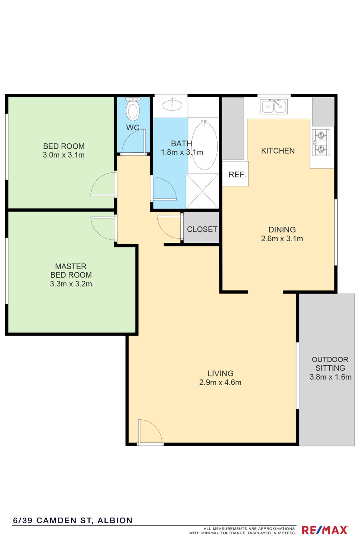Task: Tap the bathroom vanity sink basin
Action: point(172,105)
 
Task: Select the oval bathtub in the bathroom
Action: point(204,145)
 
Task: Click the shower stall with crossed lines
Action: point(202,191)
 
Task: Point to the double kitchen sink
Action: point(274,106)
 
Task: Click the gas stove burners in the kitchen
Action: point(321,142)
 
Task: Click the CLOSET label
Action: point(202,229)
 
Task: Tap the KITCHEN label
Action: point(278,151)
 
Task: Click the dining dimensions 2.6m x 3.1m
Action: point(282,239)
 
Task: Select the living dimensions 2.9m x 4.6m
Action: point(220,382)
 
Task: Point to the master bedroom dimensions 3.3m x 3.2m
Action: point(71,284)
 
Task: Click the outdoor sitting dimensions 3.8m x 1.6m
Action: point(330,377)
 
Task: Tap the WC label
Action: point(133,128)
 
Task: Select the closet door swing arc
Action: point(169,227)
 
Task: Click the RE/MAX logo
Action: point(325,530)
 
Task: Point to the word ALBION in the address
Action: point(115,520)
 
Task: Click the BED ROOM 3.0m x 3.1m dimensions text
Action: point(64,155)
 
